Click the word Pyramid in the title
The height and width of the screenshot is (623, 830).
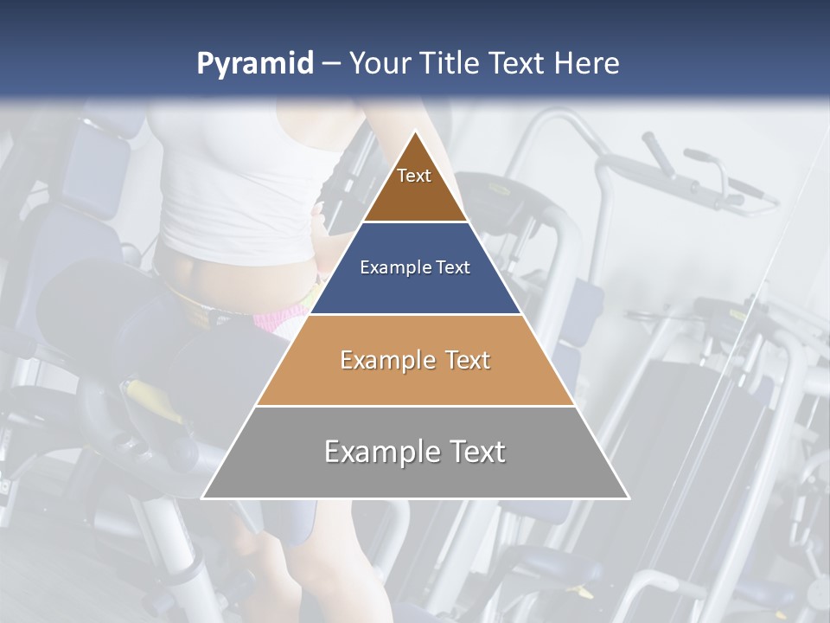pyautogui.click(x=254, y=64)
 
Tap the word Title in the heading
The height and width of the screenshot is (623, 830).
pyautogui.click(x=451, y=64)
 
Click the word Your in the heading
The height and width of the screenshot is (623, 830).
pyautogui.click(x=380, y=64)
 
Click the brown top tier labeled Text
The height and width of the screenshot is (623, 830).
pyautogui.click(x=414, y=186)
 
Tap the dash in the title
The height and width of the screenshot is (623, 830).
pyautogui.click(x=330, y=64)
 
